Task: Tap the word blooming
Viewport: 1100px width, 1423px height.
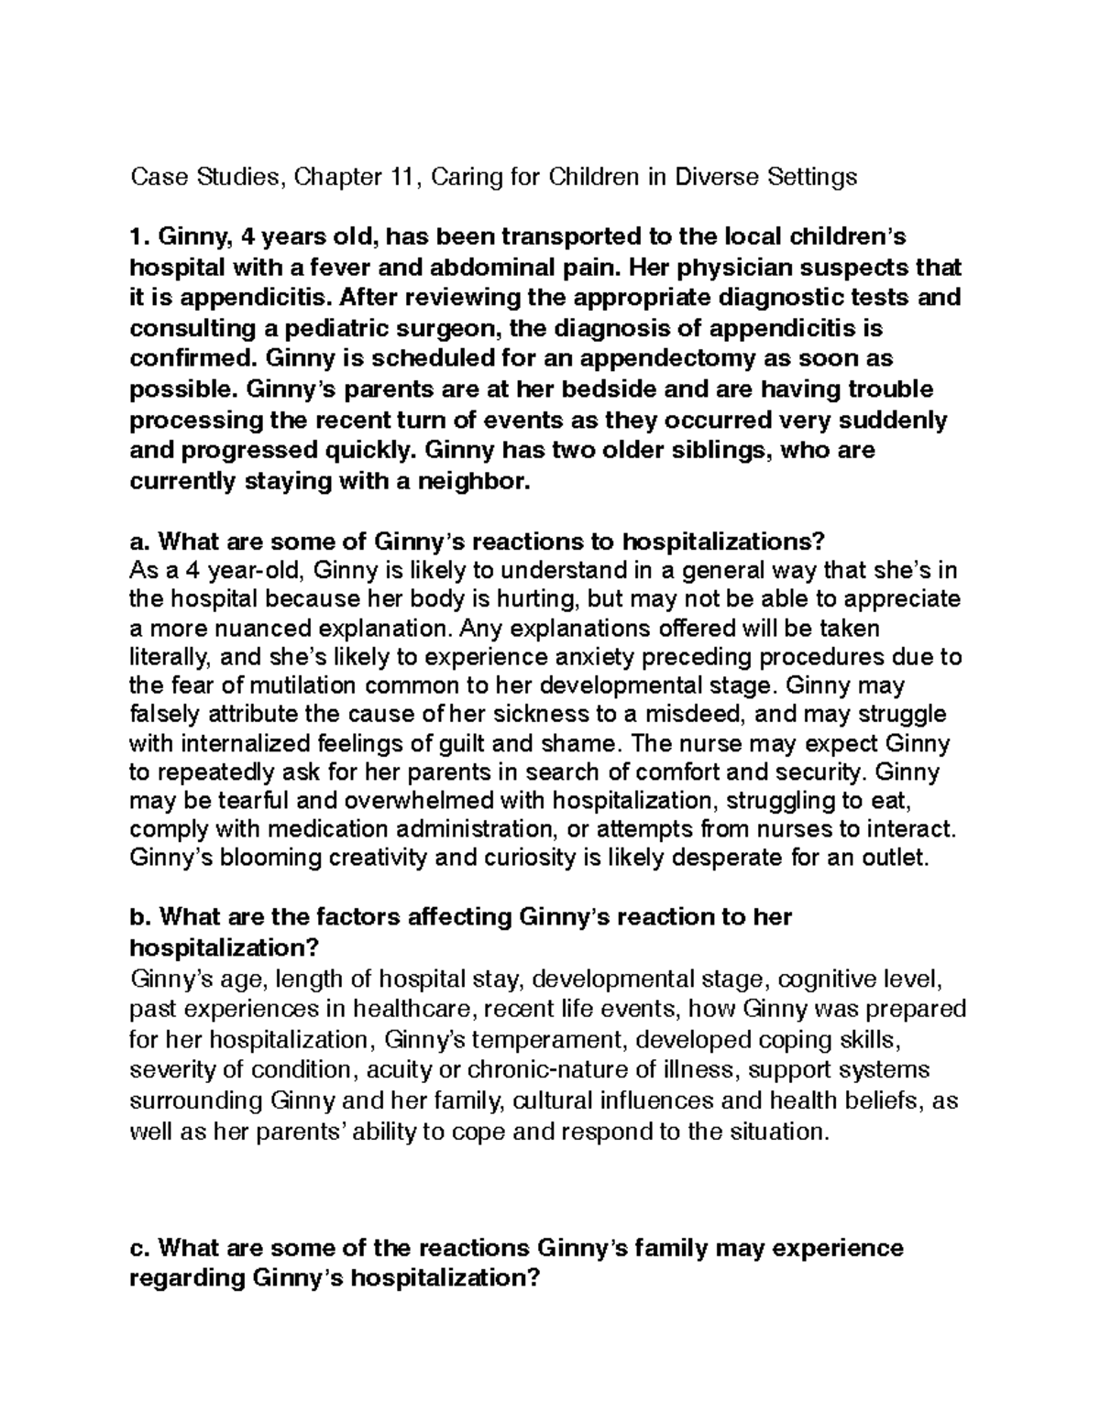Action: pos(263,859)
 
